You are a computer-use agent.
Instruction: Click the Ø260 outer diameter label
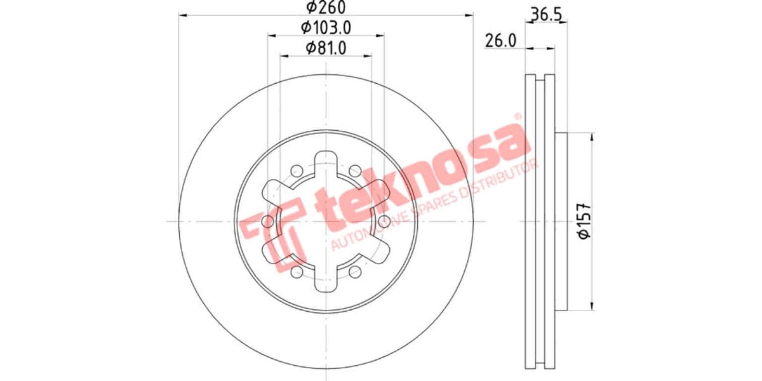325,8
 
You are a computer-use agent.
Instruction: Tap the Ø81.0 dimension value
325,48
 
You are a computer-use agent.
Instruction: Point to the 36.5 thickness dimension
548,14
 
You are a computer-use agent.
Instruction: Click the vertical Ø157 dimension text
585,221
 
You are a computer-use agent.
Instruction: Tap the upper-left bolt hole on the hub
296,170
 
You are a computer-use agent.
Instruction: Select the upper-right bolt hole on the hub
355,170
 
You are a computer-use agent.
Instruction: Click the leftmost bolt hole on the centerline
267,221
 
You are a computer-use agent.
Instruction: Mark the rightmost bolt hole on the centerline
384,221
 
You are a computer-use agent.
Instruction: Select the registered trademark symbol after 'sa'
518,117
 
